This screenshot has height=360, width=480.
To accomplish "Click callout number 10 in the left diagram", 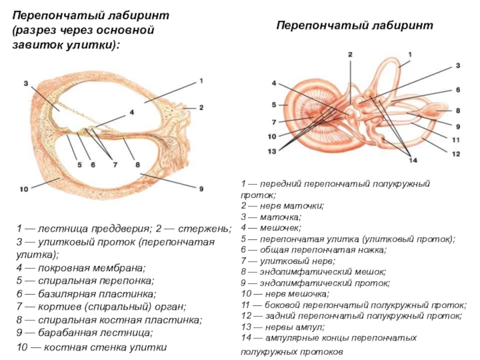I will tap(23, 190).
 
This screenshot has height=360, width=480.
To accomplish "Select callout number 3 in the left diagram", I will tap(26, 83).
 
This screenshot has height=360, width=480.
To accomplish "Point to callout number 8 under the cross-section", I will tap(137, 164).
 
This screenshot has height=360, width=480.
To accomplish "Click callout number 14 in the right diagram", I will tap(412, 160).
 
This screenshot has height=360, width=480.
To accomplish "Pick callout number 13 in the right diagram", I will tap(272, 151).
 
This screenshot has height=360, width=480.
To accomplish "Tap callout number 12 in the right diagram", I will tap(457, 154).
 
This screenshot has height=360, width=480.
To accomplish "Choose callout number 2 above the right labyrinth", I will tap(349, 55).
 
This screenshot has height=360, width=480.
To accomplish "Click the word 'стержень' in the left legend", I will tap(208, 229).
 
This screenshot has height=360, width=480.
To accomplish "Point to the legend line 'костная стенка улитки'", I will tap(91, 347).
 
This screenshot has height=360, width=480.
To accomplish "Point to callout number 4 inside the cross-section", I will tap(131, 112).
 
